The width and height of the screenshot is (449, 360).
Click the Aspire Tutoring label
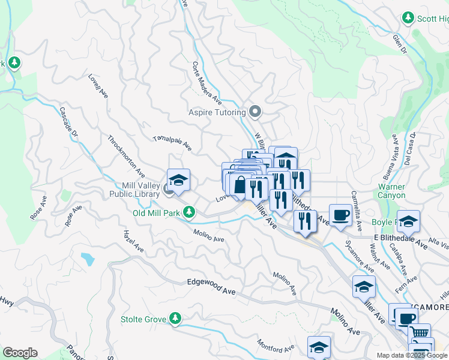coord(217,112)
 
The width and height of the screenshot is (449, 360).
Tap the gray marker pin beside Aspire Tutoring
coord(256,112)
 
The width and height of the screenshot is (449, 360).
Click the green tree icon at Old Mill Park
coord(189,212)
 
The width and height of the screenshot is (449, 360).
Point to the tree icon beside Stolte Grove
coord(175,319)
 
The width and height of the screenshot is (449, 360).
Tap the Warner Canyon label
coord(391,191)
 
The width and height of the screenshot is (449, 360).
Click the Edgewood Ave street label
coord(211,293)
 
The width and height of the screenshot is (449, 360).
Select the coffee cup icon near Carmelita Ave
coord(340,214)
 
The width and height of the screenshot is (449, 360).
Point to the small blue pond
coord(88,259)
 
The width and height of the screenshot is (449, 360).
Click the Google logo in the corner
coord(20,353)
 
